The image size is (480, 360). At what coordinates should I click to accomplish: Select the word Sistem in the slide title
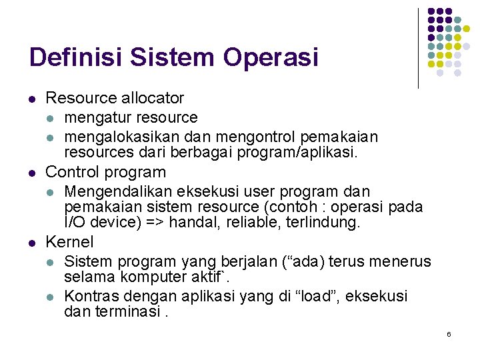point(173,57)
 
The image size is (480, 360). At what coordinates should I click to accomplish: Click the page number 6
point(449,333)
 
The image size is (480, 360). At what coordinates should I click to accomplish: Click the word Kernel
point(69,242)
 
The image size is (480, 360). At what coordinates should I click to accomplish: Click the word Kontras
point(91,296)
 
